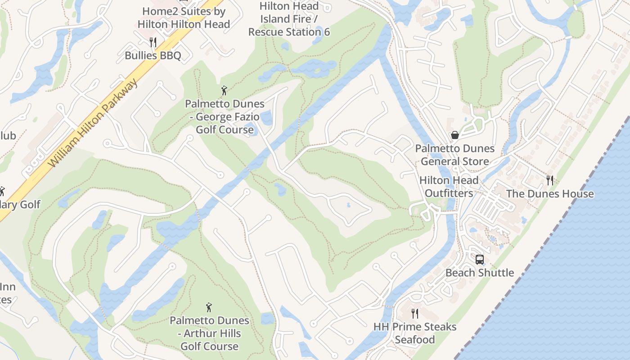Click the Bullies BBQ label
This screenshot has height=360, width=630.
pyautogui.click(x=153, y=56)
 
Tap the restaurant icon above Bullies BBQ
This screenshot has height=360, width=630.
pyautogui.click(x=153, y=42)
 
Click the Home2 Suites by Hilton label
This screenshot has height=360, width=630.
pyautogui.click(x=184, y=18)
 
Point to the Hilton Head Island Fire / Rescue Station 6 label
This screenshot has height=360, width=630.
pyautogui.click(x=289, y=19)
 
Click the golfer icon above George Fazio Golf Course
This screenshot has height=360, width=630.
pyautogui.click(x=225, y=90)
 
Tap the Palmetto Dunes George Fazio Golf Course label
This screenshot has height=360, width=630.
pyautogui.click(x=225, y=117)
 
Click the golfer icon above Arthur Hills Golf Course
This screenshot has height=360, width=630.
pyautogui.click(x=209, y=307)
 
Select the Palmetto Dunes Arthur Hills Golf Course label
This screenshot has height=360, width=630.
pyautogui.click(x=209, y=333)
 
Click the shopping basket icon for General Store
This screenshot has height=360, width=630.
pyautogui.click(x=455, y=135)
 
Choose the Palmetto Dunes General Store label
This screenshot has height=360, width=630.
pyautogui.click(x=454, y=155)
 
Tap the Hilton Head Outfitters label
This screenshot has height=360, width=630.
pyautogui.click(x=449, y=187)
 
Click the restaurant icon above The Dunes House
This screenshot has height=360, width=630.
pyautogui.click(x=549, y=180)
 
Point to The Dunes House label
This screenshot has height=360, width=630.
pyautogui.click(x=550, y=194)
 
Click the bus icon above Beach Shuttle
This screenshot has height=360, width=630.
pyautogui.click(x=480, y=260)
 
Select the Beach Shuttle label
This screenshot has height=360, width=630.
pyautogui.click(x=480, y=273)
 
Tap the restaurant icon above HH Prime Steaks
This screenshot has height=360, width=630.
pyautogui.click(x=415, y=313)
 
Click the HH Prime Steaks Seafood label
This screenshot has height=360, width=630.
pyautogui.click(x=415, y=333)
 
